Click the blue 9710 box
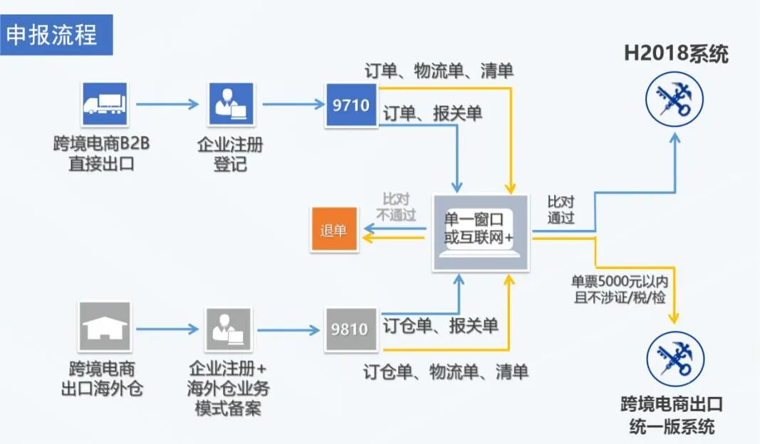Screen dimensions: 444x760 pyautogui.click(x=351, y=105)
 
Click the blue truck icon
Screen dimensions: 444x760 pyautogui.click(x=104, y=105)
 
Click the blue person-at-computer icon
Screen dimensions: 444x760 pyautogui.click(x=231, y=105)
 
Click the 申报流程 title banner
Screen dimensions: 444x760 pyautogui.click(x=56, y=35)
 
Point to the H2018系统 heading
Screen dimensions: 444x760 pyautogui.click(x=676, y=54)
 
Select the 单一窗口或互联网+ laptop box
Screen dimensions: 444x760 pyautogui.click(x=481, y=232)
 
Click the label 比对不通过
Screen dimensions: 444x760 pyautogui.click(x=396, y=206)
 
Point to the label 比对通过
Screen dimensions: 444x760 pyautogui.click(x=561, y=209)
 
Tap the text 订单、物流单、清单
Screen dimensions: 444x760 pyautogui.click(x=439, y=71)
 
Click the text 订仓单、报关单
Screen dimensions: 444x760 pyautogui.click(x=440, y=326)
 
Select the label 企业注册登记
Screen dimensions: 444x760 pyautogui.click(x=230, y=154)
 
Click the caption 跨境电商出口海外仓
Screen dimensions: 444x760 pyautogui.click(x=102, y=379)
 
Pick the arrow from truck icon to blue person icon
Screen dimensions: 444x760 pyautogui.click(x=167, y=105)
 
